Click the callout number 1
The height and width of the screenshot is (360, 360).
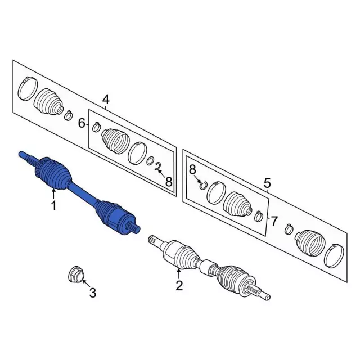point(53,206)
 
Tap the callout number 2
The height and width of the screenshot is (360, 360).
point(179,286)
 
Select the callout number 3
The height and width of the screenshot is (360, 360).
point(93,292)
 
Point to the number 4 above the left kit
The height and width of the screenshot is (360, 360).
point(106,100)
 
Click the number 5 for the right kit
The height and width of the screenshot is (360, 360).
point(267,183)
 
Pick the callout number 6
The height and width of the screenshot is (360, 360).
point(82,123)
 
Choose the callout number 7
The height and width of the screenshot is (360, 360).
point(274,221)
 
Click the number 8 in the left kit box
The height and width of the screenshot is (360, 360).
point(169,182)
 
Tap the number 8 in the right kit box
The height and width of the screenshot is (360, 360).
point(192,169)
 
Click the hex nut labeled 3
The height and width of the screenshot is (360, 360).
point(74,275)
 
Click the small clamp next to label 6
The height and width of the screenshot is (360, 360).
point(96,127)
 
